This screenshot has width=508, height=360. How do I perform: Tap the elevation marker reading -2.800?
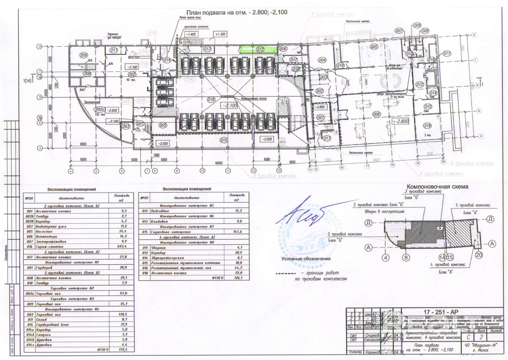pyautogui.click(x=402, y=121)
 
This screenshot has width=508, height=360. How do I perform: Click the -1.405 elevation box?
pyautogui.click(x=190, y=34)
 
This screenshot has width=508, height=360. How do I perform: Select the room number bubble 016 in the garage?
pyautogui.click(x=211, y=99)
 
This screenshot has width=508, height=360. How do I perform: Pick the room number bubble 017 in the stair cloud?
pyautogui.click(x=326, y=138)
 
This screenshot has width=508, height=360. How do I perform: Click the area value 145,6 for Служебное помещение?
pyautogui.click(x=238, y=233)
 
